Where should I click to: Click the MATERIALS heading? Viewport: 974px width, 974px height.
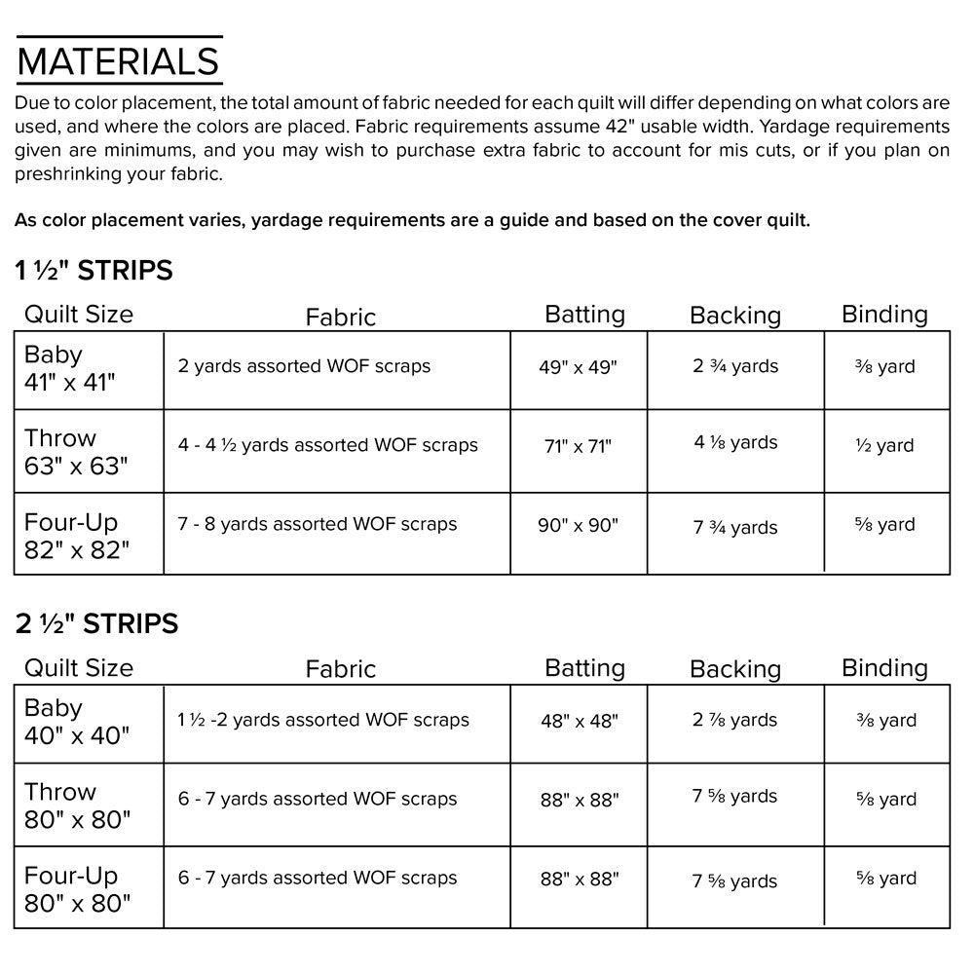click(x=118, y=60)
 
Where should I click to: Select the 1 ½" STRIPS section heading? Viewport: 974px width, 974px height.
click(x=94, y=270)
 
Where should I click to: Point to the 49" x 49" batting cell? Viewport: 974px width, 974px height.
click(x=578, y=367)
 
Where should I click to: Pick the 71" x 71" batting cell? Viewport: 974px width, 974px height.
click(x=578, y=446)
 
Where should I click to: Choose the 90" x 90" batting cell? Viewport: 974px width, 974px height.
click(x=578, y=525)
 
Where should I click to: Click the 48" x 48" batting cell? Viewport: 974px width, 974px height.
click(x=579, y=721)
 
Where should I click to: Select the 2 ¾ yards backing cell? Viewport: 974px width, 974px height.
click(x=735, y=366)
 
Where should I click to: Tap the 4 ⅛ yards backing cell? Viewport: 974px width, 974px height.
click(x=735, y=443)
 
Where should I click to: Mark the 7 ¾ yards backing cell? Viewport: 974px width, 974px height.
click(x=735, y=527)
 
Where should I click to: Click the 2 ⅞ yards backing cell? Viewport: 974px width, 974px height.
click(x=735, y=721)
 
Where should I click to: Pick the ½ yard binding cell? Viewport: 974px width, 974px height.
click(x=885, y=446)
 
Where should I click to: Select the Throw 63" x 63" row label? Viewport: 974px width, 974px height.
click(x=76, y=452)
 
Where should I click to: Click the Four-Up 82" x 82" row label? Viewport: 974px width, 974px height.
click(x=77, y=536)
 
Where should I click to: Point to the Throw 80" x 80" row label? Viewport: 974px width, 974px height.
click(x=76, y=805)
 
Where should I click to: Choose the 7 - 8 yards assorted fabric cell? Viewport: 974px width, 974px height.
click(x=318, y=524)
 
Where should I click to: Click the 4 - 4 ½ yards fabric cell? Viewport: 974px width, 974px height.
click(x=328, y=445)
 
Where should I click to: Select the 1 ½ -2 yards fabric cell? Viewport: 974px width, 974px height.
click(x=323, y=721)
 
